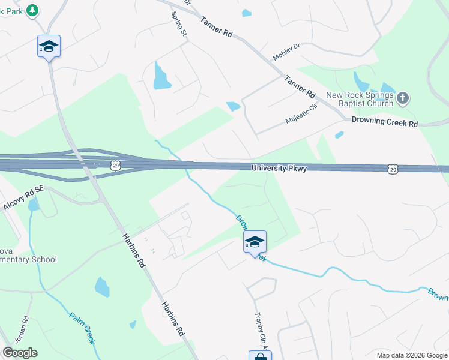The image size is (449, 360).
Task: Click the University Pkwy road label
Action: pos(279,169)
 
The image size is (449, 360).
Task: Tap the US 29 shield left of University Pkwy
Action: pos(115,164)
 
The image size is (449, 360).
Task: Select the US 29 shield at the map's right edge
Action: pos(393,170)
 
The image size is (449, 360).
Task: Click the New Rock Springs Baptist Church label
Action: pos(360,99)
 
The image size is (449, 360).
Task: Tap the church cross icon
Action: pos(403,97)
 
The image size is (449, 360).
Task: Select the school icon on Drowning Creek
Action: pos(255,242)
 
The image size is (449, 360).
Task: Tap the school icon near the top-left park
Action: pos(49,47)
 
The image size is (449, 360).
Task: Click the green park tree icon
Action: pos(32,10)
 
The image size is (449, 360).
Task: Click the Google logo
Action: pos(20,353)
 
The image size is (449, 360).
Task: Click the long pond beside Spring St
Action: pos(160,76)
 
